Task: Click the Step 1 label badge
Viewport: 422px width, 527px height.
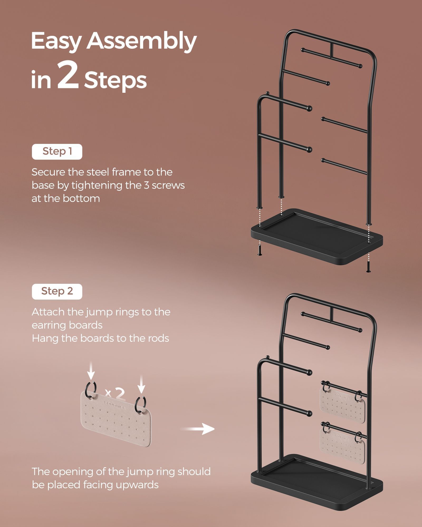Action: (57, 152)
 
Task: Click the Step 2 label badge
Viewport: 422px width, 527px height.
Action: (57, 291)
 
